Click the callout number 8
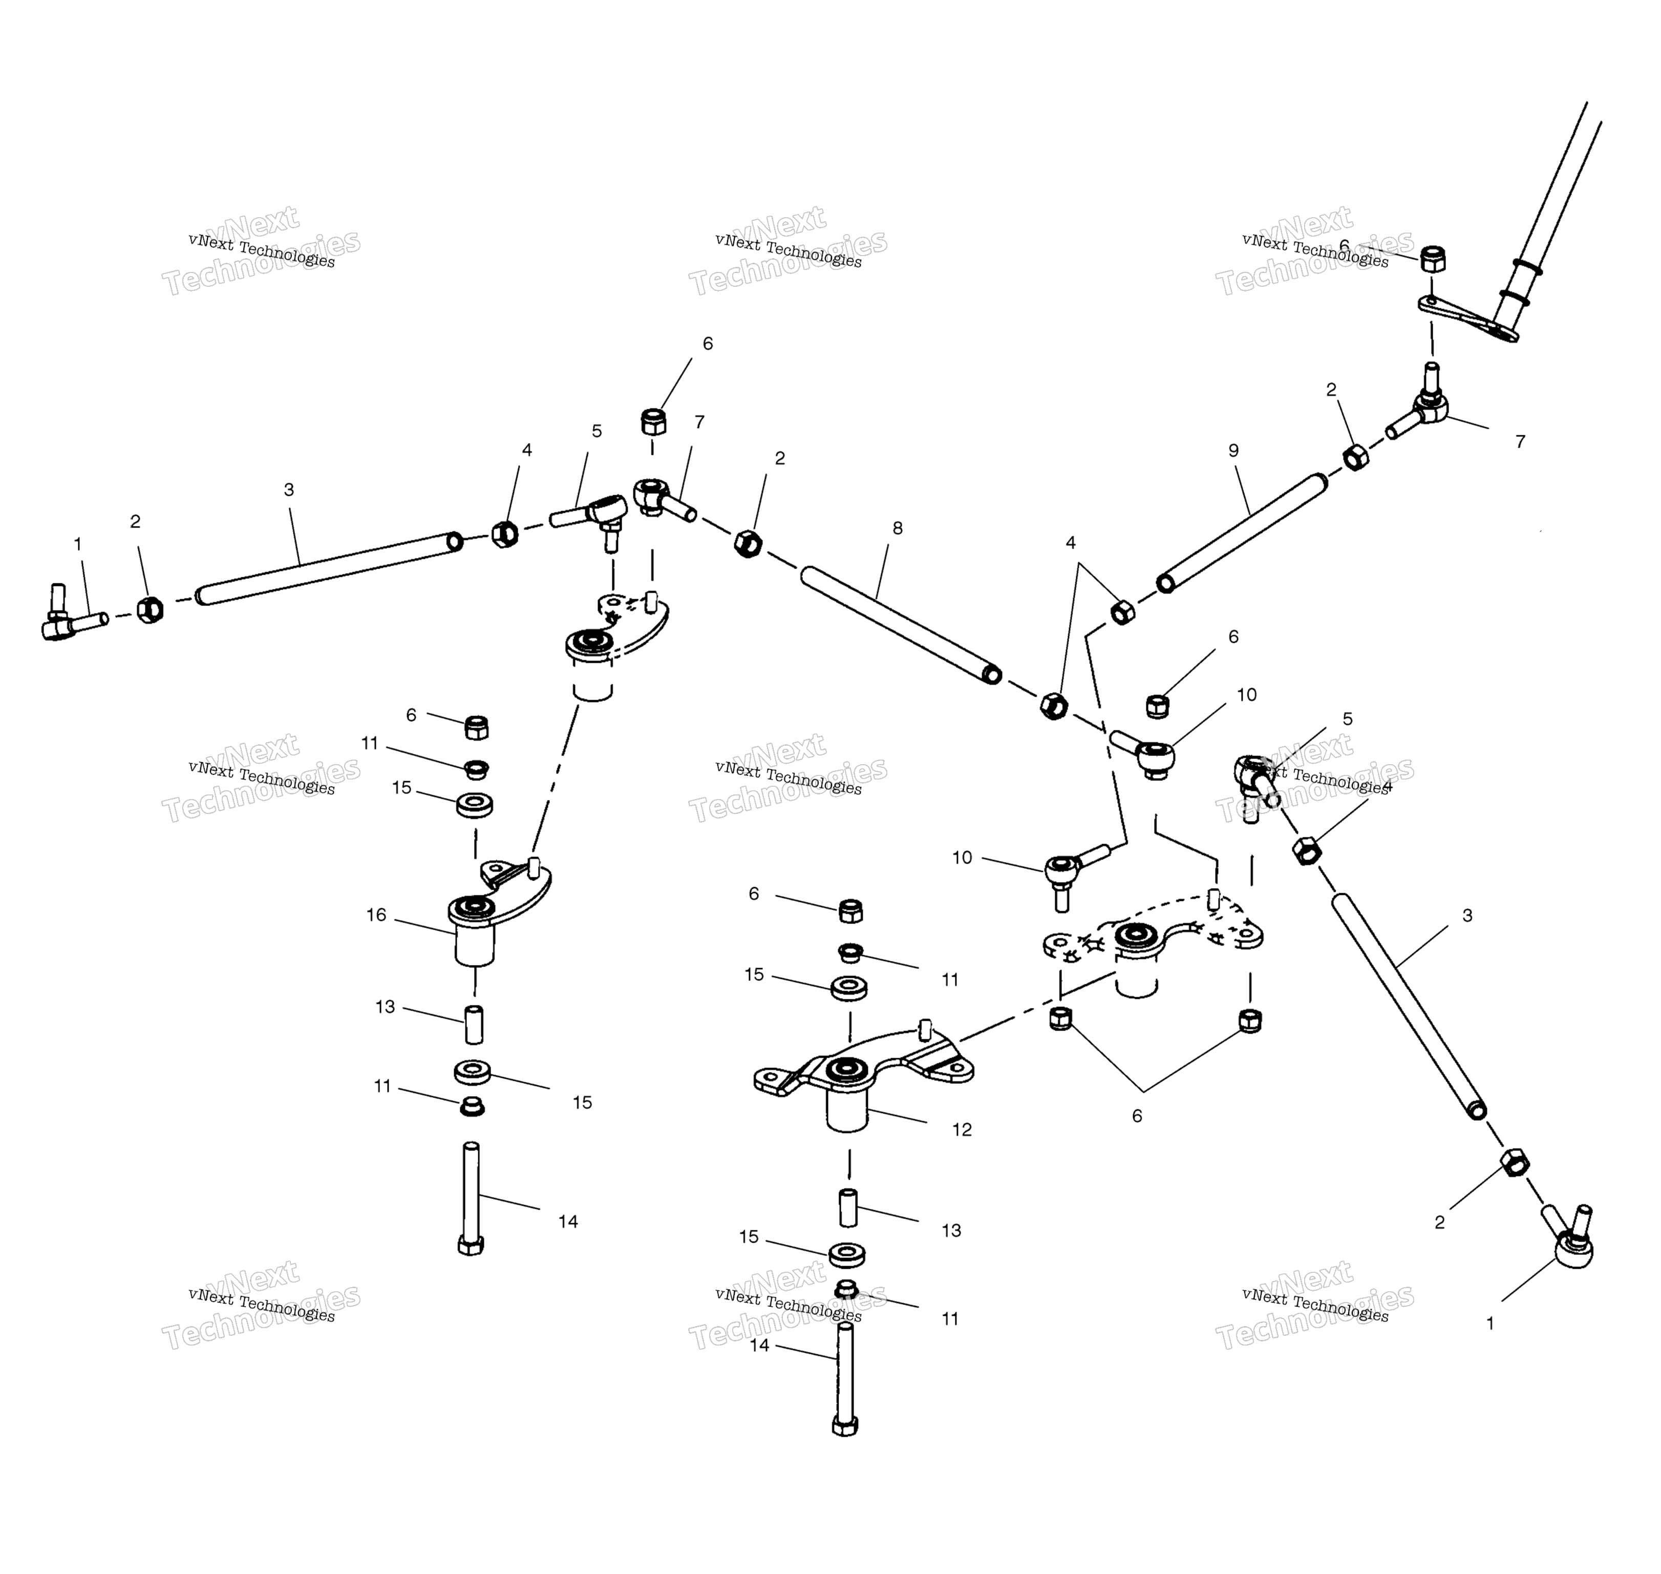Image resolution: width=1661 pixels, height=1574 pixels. [898, 528]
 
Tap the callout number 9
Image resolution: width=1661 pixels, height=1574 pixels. [1233, 451]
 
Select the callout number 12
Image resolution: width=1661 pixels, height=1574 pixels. [962, 1129]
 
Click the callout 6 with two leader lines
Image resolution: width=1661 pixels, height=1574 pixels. [1137, 1116]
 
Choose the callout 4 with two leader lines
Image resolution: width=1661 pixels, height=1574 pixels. [1071, 543]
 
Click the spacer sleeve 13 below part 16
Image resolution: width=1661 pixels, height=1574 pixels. [474, 1024]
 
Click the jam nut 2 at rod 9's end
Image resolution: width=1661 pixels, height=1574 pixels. [1356, 457]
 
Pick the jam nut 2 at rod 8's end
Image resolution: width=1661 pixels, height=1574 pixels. [748, 543]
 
